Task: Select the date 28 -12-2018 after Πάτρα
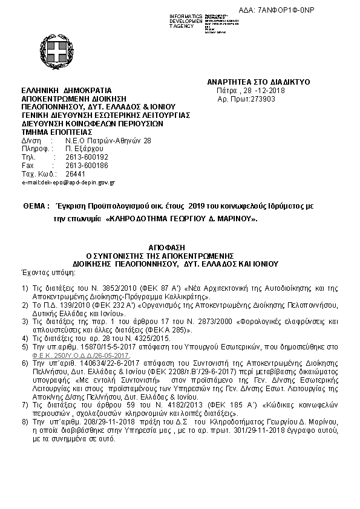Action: click(253, 90)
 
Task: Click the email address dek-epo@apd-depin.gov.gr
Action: click(68, 181)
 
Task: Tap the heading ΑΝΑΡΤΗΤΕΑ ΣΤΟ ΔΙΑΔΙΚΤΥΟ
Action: click(258, 81)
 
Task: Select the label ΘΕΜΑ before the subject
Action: click(35, 206)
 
